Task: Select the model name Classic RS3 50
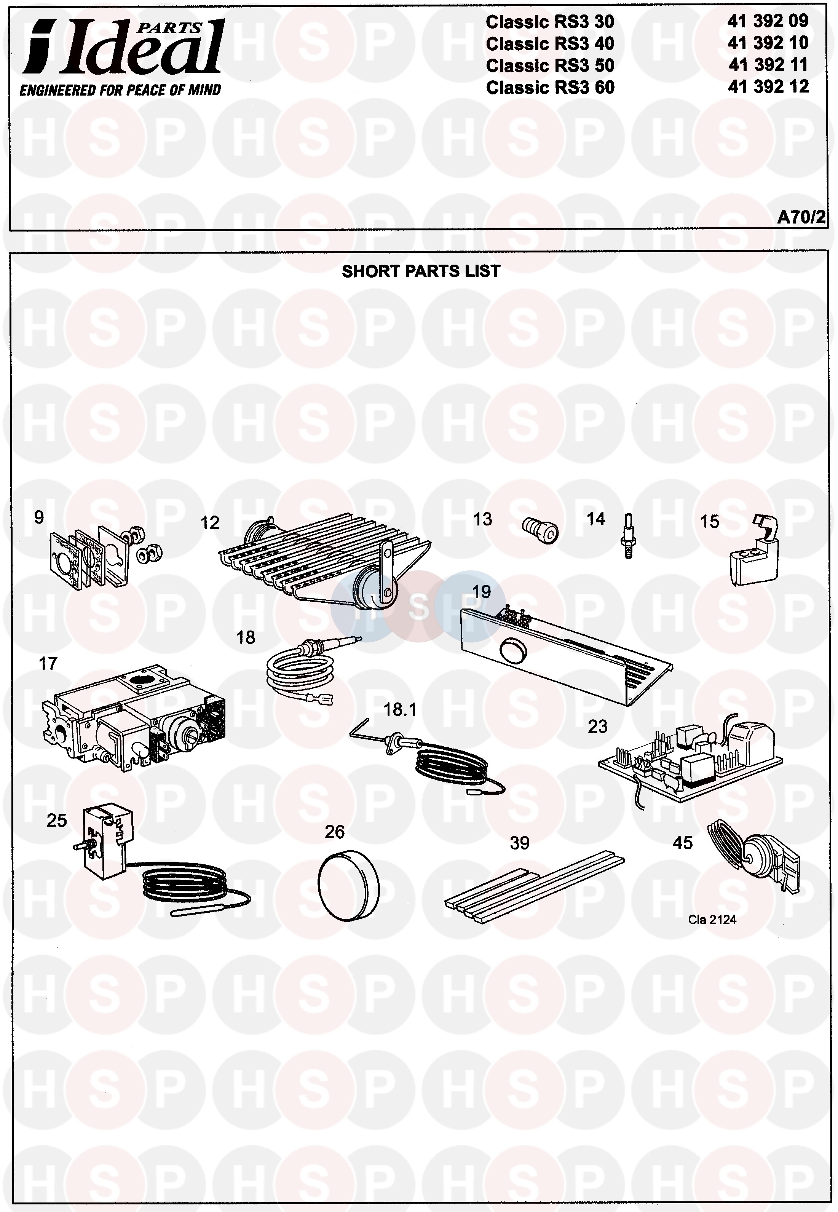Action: click(x=550, y=65)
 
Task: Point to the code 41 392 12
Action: click(x=768, y=87)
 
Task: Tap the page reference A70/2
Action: click(x=801, y=217)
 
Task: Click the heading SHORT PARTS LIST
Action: click(x=421, y=271)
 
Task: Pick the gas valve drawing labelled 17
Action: click(x=134, y=717)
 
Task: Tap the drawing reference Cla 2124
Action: click(x=712, y=920)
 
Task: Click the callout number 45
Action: click(x=683, y=843)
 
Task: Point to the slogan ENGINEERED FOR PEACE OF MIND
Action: click(x=120, y=90)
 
